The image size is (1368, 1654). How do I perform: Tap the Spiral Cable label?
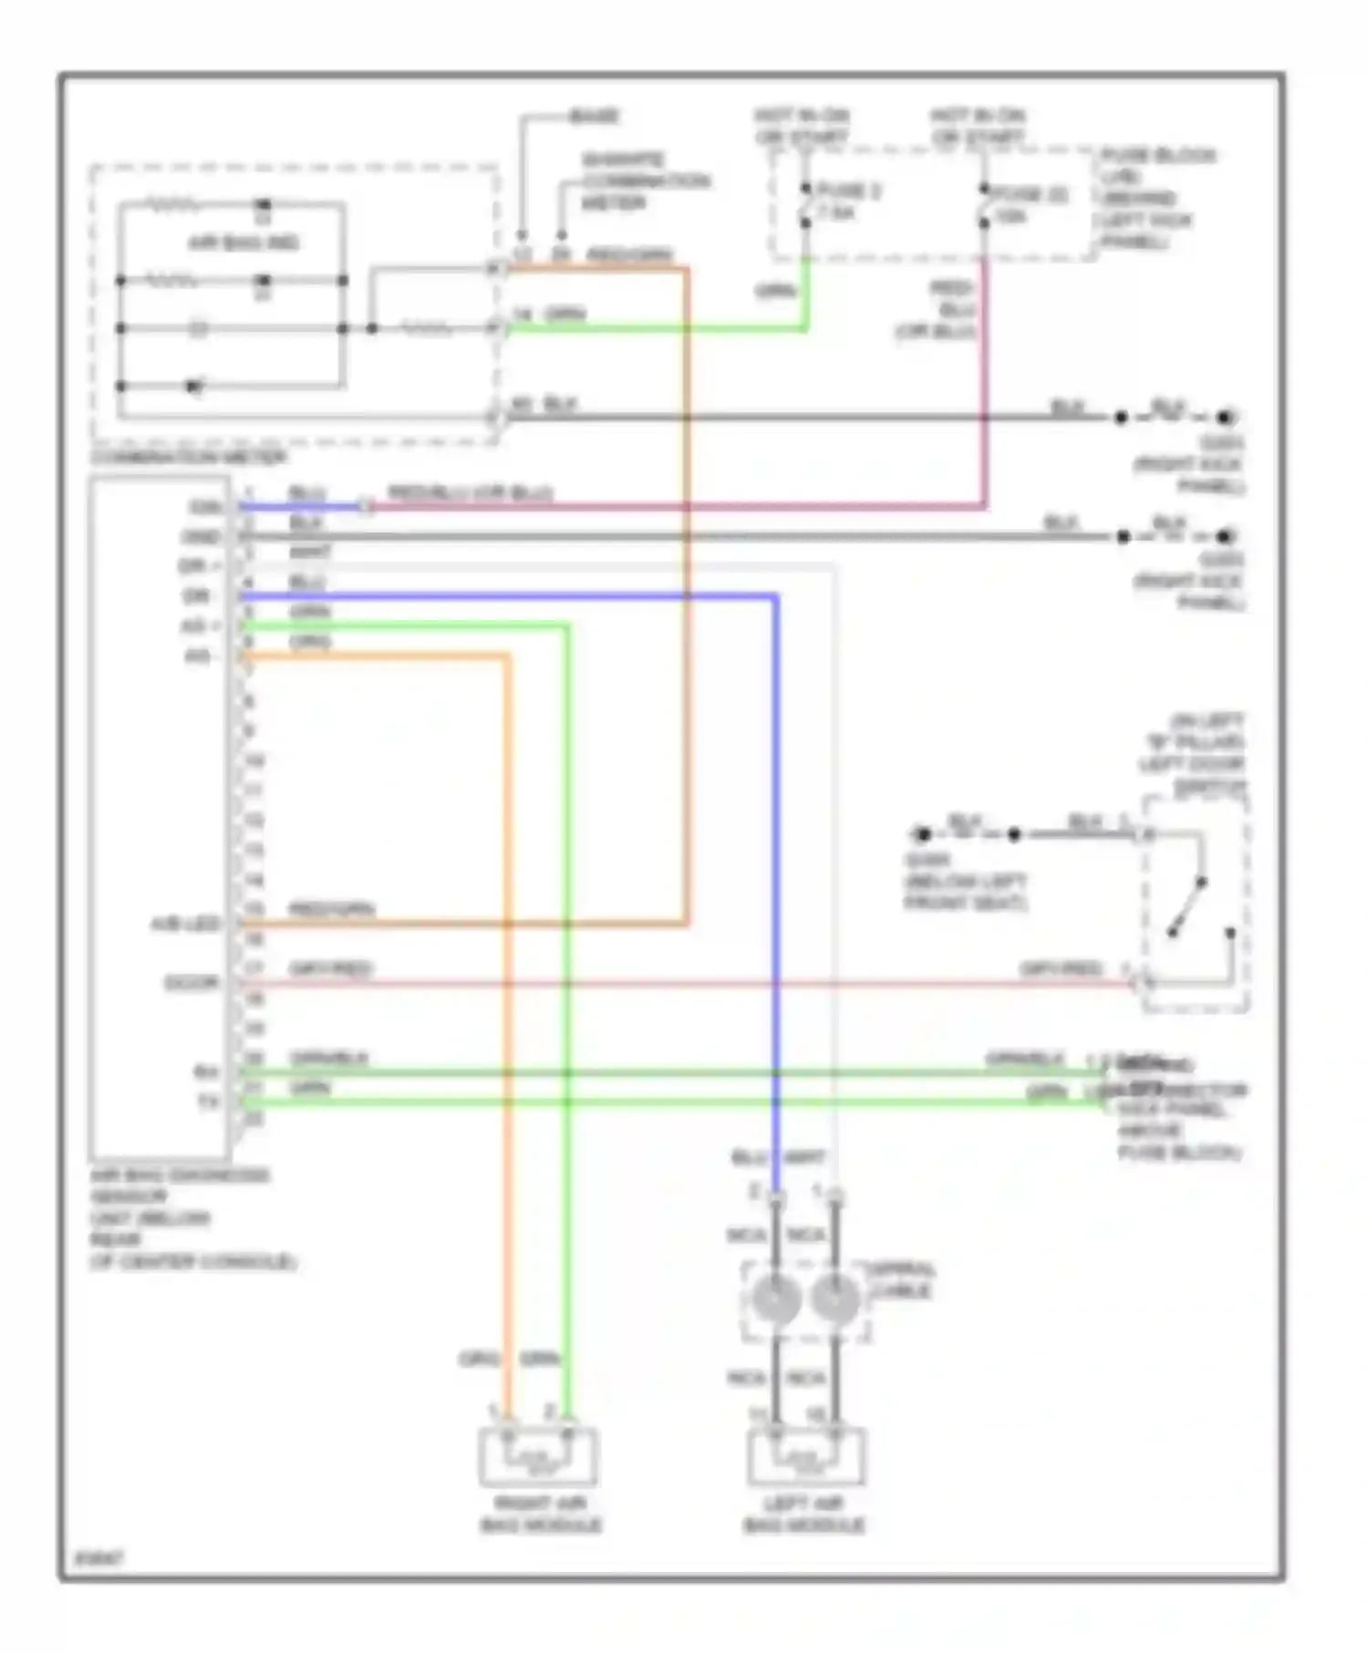(x=901, y=1280)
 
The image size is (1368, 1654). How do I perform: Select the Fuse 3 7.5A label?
(x=846, y=202)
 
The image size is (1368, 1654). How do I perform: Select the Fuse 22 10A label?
(x=1017, y=205)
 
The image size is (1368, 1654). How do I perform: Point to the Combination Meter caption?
(x=189, y=457)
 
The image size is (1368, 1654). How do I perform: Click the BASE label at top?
(x=594, y=117)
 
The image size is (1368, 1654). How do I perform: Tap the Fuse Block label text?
(x=1156, y=199)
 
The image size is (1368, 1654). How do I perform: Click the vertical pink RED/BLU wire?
(x=985, y=383)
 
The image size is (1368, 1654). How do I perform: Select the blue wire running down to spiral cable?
(x=775, y=866)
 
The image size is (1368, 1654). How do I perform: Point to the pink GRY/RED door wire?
(x=684, y=984)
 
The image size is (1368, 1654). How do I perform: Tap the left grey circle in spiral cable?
(x=776, y=1299)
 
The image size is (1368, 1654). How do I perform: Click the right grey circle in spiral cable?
(x=834, y=1299)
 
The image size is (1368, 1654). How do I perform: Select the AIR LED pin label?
(x=185, y=925)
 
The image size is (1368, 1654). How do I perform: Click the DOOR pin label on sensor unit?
(x=191, y=983)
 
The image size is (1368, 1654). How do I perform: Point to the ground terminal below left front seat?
(x=923, y=833)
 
